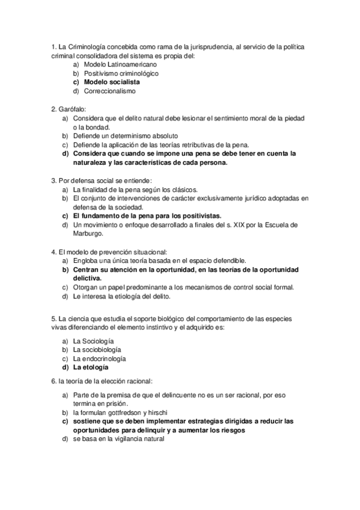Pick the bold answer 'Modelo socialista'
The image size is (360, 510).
point(112,82)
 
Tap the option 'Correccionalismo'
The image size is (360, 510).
point(109,91)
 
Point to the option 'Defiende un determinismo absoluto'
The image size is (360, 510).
point(126,136)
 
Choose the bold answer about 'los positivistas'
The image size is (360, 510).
point(147,215)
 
